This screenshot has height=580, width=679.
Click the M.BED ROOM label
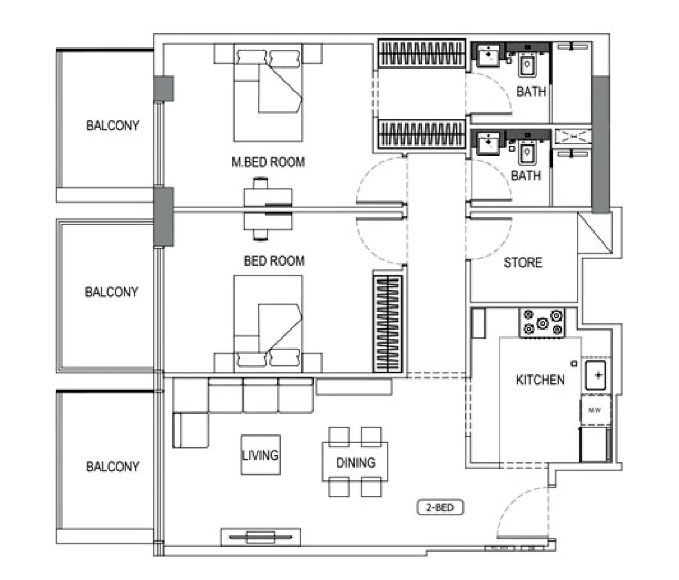268,162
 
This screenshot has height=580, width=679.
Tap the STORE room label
523,262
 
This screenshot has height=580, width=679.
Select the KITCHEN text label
540,380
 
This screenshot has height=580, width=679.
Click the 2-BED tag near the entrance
440,508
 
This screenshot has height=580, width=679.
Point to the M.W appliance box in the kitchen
595,410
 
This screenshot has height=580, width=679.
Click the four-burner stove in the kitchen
542,323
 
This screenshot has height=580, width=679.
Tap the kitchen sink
596,375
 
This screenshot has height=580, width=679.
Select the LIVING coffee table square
260,455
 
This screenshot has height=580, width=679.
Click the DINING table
356,462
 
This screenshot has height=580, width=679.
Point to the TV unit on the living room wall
260,537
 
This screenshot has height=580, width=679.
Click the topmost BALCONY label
113,125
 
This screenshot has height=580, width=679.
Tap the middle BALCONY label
112,292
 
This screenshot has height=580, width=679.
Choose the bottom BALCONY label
113,466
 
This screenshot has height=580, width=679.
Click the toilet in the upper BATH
527,65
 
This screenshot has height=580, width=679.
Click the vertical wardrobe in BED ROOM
387,323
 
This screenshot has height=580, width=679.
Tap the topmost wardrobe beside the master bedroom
421,53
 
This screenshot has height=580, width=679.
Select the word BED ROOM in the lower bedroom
274,260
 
